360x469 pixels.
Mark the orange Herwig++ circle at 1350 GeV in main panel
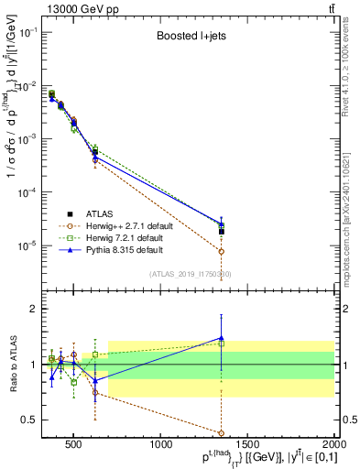tap(222, 251)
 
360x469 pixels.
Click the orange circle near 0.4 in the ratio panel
tap(222, 432)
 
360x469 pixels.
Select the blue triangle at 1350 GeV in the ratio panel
tap(222, 338)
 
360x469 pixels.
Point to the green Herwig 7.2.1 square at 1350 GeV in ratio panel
tap(222, 344)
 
